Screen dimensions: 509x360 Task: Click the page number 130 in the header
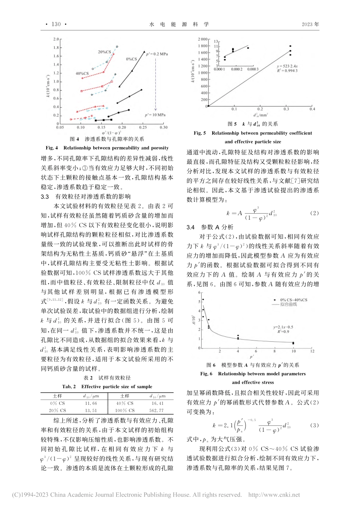pos(56,24)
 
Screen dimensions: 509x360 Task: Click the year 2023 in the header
pos(307,24)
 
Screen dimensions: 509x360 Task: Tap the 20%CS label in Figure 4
pos(105,52)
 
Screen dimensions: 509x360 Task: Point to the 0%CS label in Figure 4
pos(131,59)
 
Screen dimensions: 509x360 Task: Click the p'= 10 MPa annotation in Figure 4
pos(155,115)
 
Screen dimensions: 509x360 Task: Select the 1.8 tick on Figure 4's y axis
pos(56,48)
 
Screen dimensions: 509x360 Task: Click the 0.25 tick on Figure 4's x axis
pos(143,128)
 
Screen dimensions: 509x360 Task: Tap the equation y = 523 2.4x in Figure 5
pos(287,66)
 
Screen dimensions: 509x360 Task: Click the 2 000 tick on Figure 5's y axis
pos(203,39)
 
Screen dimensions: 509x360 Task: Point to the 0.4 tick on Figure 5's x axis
pos(312,109)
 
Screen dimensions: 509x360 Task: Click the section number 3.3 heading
pos(45,197)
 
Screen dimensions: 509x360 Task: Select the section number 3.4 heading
pos(191,227)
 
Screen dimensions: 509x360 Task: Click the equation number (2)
pos(314,213)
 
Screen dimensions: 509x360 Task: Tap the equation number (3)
pos(314,425)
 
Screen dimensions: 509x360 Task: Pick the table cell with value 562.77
pos(157,411)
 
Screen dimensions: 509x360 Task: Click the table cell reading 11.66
pos(91,403)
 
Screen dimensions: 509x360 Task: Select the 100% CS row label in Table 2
pos(125,411)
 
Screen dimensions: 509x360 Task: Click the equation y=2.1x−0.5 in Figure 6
pos(283,327)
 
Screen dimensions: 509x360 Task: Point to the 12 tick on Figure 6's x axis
pos(312,351)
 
